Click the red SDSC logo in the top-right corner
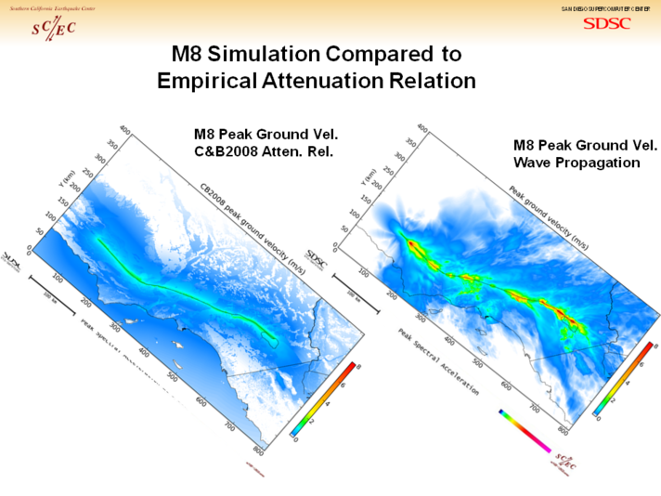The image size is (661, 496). tap(606, 23)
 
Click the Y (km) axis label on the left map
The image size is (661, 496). tap(68, 177)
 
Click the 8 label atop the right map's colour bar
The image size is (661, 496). tap(655, 346)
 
